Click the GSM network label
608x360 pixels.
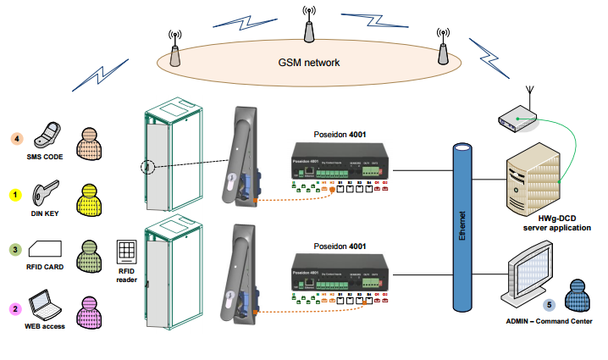pyautogui.click(x=309, y=63)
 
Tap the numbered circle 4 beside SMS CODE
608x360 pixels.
pyautogui.click(x=15, y=137)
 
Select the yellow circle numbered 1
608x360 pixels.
pyautogui.click(x=15, y=194)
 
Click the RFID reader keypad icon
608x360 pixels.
pyautogui.click(x=126, y=252)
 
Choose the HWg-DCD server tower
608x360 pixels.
pyautogui.click(x=527, y=183)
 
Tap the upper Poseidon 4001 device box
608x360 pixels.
pyautogui.click(x=339, y=169)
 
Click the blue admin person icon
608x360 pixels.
pyautogui.click(x=578, y=297)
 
